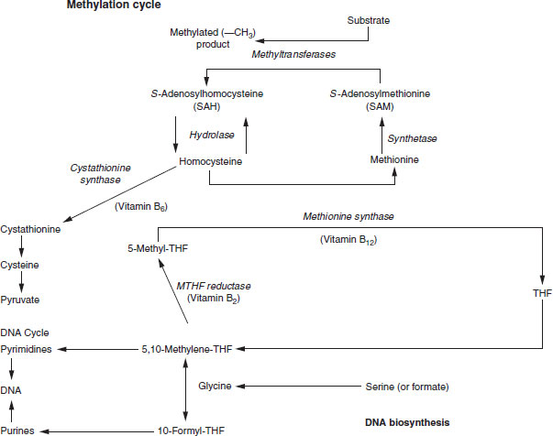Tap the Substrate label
pyautogui.click(x=372, y=19)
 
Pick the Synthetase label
pyautogui.click(x=412, y=137)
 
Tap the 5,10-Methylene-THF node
pyautogui.click(x=186, y=349)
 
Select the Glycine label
pyautogui.click(x=215, y=386)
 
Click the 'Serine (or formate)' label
pyautogui.click(x=407, y=386)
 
